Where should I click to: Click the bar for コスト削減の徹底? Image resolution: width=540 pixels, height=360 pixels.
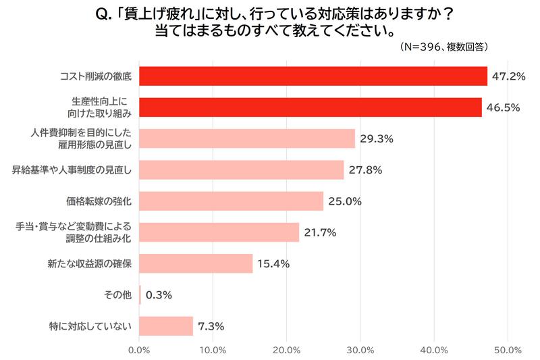coord(313,76)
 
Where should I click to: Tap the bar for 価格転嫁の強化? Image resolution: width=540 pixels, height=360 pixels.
coord(231,201)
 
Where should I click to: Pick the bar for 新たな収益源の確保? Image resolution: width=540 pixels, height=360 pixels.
coord(196,263)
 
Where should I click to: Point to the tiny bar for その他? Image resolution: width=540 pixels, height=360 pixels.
coord(140,294)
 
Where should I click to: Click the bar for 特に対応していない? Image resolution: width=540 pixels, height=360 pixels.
coord(166,326)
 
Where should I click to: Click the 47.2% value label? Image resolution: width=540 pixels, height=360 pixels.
coord(508,76)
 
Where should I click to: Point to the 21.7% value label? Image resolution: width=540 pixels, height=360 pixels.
coord(320,232)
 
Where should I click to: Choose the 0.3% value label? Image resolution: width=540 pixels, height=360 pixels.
coord(159,294)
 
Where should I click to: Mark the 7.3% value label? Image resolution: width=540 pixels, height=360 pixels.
coord(211,326)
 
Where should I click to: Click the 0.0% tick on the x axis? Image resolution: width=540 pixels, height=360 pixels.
coord(139,350)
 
